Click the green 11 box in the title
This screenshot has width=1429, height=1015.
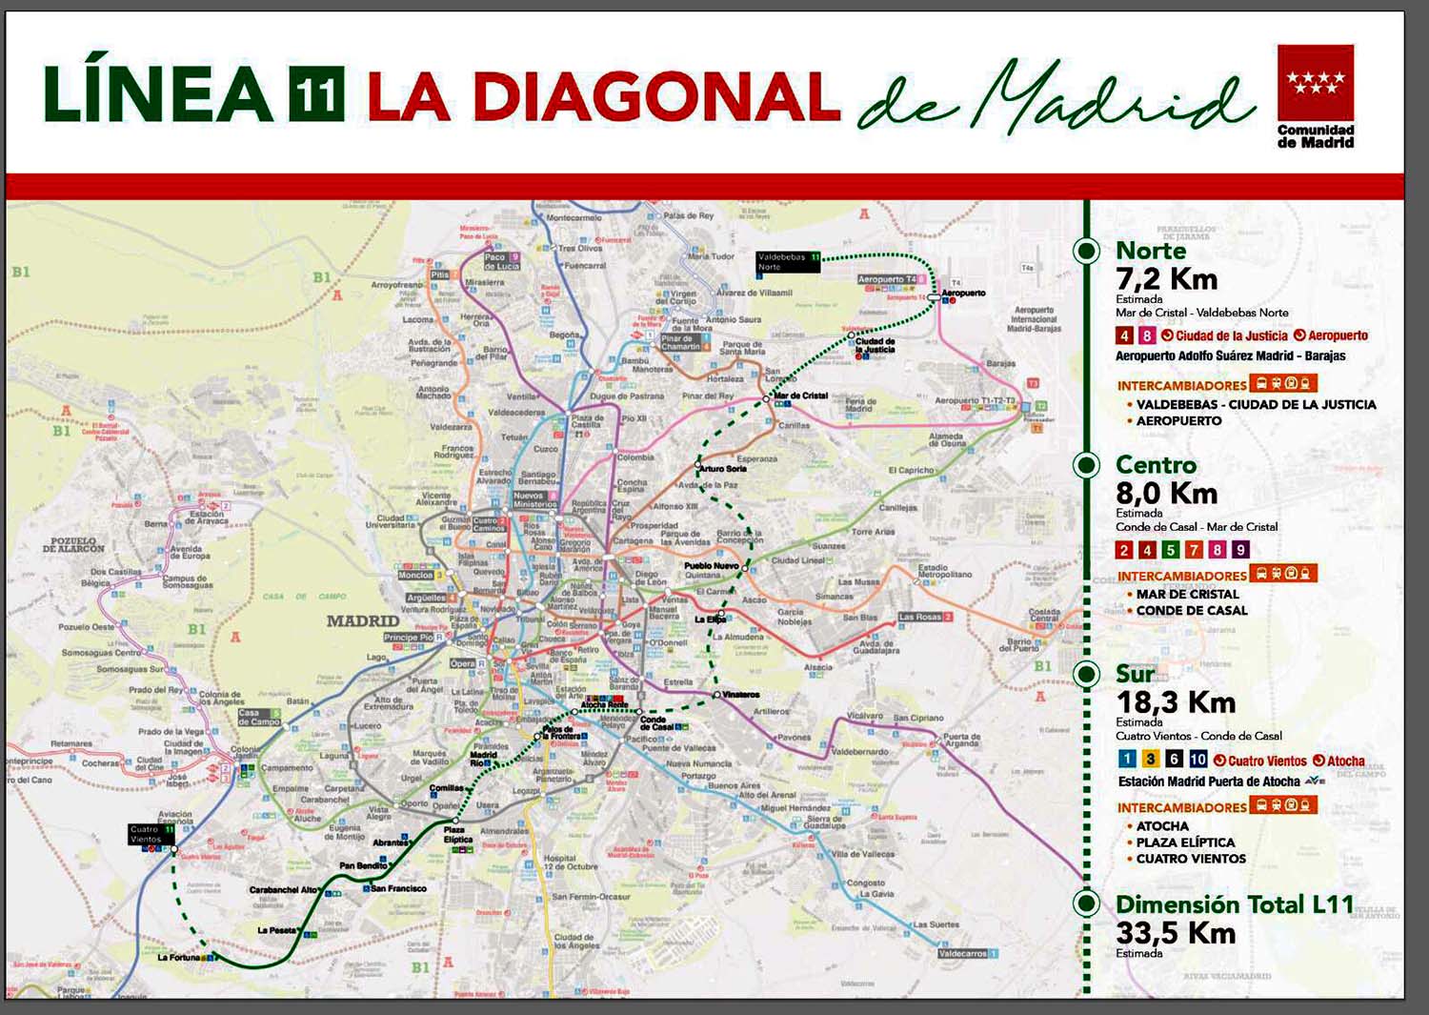point(316,94)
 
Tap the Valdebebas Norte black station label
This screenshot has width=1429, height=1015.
point(788,262)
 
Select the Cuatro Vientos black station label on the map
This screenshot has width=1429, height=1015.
point(151,834)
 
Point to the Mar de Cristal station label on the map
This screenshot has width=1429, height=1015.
point(800,396)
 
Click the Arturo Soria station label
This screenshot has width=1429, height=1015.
point(722,469)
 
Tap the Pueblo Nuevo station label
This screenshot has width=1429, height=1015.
point(711,566)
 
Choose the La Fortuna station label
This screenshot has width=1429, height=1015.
point(179,957)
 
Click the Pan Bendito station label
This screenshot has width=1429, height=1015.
point(363,865)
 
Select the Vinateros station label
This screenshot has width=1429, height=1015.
point(741,695)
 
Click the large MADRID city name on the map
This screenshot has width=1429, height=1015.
point(363,620)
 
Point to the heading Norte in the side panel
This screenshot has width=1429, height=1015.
point(1151,251)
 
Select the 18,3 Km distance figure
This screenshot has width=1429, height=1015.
point(1176,702)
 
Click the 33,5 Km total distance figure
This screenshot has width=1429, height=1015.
point(1176,932)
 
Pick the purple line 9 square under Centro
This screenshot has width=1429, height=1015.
point(1239,550)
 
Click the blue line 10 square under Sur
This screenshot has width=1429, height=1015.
point(1198,759)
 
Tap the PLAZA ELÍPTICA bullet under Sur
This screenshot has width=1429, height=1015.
point(1185,842)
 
